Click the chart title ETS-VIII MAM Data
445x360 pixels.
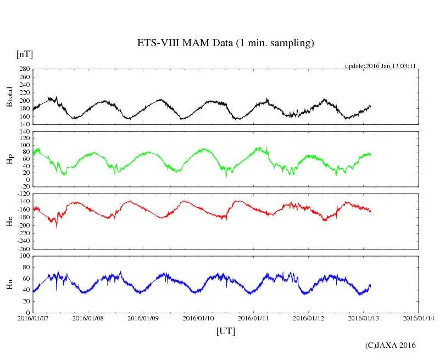tap(225, 43)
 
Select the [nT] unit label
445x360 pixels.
tap(25, 54)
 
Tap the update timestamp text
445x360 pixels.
tap(380, 66)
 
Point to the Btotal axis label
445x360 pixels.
tap(9, 97)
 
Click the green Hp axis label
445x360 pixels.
tap(9, 159)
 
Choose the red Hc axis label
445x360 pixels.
tap(9, 221)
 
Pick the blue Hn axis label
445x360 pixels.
tap(9, 284)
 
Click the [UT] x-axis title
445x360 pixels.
tap(226, 331)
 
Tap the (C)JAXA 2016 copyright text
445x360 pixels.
tap(391, 345)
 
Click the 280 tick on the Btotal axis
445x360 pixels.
tap(24, 69)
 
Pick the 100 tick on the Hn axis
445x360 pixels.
tap(24, 256)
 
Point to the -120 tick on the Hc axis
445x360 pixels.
tap(23, 194)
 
